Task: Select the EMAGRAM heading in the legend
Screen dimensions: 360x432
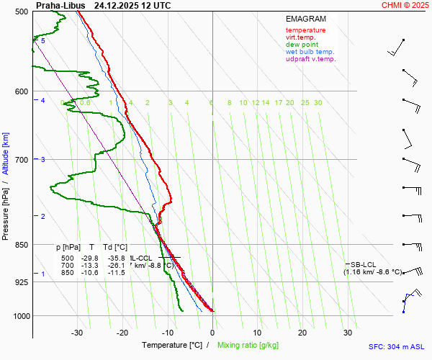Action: coord(305,19)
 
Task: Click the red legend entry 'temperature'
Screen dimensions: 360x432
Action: coord(305,30)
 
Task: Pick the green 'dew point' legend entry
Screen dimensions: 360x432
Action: coord(303,45)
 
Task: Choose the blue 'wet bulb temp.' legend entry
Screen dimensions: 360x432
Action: coord(310,52)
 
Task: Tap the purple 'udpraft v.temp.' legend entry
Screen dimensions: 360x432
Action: coord(310,59)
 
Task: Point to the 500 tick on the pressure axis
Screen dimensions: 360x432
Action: coord(21,12)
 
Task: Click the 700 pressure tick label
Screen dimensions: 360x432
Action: coord(21,160)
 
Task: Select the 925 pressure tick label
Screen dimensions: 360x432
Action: coord(21,282)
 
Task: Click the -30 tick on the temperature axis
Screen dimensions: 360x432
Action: coord(77,333)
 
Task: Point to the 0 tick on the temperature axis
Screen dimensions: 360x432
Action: coord(212,333)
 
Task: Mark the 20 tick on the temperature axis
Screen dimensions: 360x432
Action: coord(302,333)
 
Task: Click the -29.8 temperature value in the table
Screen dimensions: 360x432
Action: coord(90,258)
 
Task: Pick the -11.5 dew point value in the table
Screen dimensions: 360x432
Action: coord(116,273)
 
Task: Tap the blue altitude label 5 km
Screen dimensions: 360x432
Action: coord(43,41)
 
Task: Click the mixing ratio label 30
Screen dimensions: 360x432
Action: coord(318,103)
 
